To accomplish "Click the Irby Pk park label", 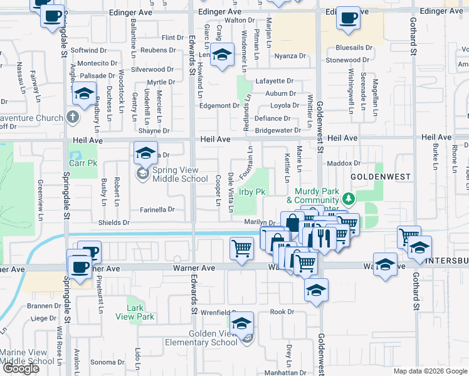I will pyautogui.click(x=252, y=192).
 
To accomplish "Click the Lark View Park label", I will pyautogui.click(x=135, y=312).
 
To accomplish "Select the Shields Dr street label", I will pyautogui.click(x=113, y=222).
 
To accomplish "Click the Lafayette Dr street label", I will pyautogui.click(x=275, y=81).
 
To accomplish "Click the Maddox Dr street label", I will pyautogui.click(x=347, y=163).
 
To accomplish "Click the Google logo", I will pyautogui.click(x=21, y=368).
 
